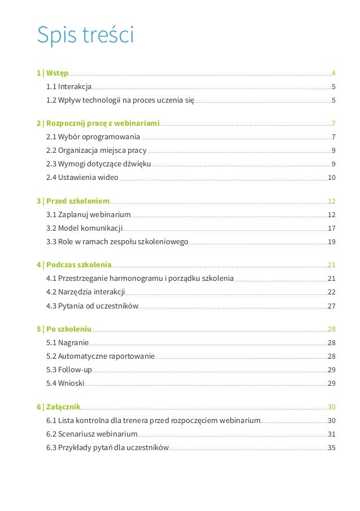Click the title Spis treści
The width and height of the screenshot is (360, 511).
click(85, 35)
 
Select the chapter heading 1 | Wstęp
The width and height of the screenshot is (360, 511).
click(52, 73)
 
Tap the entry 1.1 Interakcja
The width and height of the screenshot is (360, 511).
click(69, 87)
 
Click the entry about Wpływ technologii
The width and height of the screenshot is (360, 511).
click(120, 100)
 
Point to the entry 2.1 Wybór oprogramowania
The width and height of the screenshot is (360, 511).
click(93, 136)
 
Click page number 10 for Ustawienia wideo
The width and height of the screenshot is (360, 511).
click(332, 178)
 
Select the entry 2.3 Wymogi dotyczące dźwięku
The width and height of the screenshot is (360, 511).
click(99, 164)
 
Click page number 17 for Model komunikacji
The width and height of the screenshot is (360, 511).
click(332, 228)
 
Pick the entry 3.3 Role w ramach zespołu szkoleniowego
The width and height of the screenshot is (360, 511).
click(117, 242)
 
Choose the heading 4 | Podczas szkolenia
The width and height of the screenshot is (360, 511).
click(74, 265)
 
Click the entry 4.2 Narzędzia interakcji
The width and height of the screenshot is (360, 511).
click(86, 292)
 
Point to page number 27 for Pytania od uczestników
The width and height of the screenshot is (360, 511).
click(332, 306)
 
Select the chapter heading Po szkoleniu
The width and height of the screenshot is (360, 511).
click(64, 329)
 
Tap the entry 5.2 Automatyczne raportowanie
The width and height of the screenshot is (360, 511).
click(100, 356)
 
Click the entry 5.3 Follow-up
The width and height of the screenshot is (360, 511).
click(69, 370)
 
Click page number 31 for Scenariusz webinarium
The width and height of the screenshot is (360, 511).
click(332, 434)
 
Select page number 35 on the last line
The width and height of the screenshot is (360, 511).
click(332, 448)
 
